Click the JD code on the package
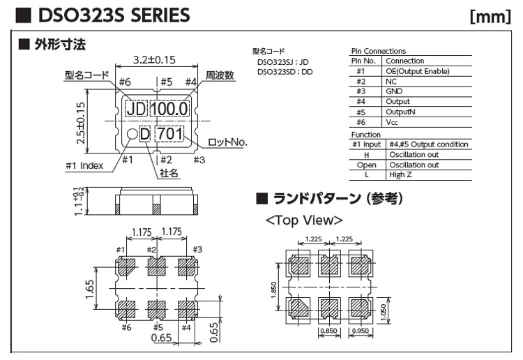pos(136,109)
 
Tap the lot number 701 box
pos(169,133)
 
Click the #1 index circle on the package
pos(131,134)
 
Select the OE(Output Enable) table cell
pos(417,71)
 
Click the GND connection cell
pos(394,91)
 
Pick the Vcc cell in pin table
pos(392,121)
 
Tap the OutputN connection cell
pos(400,112)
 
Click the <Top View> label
pos(304,220)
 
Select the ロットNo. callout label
pos(229,142)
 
